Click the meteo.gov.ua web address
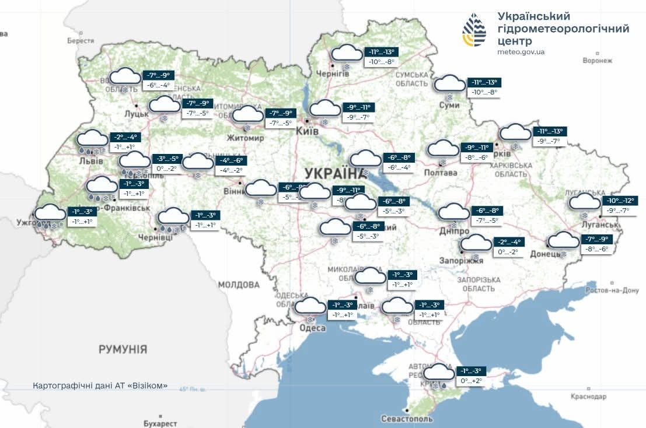521,52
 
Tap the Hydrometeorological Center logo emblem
474,30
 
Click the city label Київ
308,132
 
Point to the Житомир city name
246,138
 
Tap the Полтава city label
441,173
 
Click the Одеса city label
312,328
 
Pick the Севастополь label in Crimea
407,419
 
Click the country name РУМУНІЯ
123,349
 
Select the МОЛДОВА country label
239,285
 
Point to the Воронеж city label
598,60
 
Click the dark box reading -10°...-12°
619,201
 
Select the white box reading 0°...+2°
472,381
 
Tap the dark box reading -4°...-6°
231,160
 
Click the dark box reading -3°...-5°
168,159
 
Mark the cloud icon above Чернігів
347,53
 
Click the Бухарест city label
160,423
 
